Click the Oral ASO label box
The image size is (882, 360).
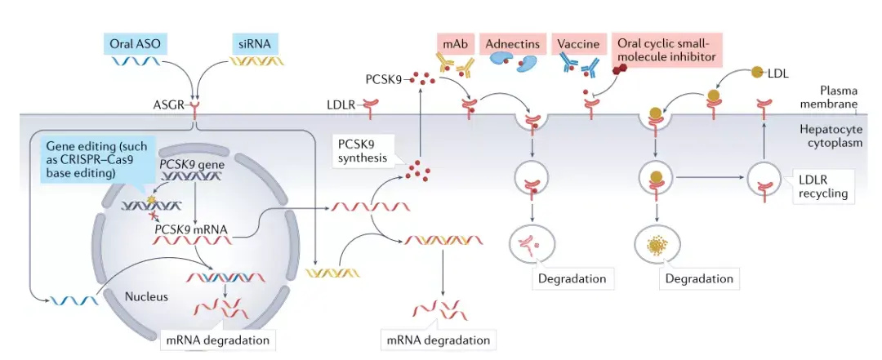(135, 42)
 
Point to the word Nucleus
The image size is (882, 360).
(146, 296)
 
